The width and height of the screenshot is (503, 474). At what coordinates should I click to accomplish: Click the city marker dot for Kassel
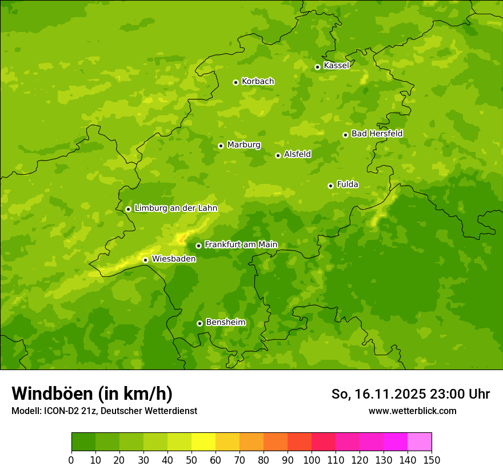(317, 67)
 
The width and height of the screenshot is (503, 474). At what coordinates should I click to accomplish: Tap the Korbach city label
(258, 82)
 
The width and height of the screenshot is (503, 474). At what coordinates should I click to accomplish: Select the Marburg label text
(243, 145)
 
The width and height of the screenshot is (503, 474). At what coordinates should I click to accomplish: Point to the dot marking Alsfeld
(278, 155)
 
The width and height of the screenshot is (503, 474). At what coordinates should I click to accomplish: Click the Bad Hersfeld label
(377, 134)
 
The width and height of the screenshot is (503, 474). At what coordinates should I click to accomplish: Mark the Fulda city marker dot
(330, 186)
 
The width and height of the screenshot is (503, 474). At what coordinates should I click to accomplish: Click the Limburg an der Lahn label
(175, 208)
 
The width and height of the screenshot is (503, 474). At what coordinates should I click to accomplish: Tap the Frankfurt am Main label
(241, 245)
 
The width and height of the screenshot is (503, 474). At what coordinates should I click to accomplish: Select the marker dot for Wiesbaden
(145, 260)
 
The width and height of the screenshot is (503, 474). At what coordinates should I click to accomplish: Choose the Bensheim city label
(225, 323)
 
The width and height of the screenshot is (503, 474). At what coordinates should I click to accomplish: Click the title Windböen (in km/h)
(92, 393)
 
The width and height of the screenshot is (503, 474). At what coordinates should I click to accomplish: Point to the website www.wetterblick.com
(412, 411)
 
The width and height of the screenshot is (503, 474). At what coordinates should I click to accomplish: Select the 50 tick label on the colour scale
(191, 460)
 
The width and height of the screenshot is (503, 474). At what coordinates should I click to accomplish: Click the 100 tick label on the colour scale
(312, 460)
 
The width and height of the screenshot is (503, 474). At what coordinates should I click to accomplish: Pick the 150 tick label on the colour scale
(432, 460)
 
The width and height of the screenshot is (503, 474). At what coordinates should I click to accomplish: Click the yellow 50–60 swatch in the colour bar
(203, 442)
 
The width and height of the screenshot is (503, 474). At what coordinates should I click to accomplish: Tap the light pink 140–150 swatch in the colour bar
(420, 442)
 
